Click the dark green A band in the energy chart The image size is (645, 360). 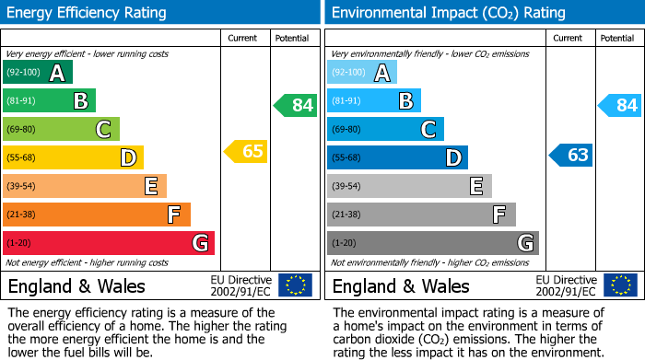pyautogui.click(x=37, y=73)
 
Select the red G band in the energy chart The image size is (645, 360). pyautogui.click(x=108, y=243)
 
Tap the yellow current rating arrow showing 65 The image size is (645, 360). pyautogui.click(x=247, y=152)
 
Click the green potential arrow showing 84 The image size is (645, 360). pyautogui.click(x=296, y=105)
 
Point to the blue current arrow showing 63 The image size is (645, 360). pyautogui.click(x=571, y=155)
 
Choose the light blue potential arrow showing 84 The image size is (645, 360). pyautogui.click(x=620, y=105)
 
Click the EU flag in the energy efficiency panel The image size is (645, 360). pyautogui.click(x=295, y=285)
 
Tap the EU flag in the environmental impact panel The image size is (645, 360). pyautogui.click(x=619, y=285)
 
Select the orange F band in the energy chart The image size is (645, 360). pyautogui.click(x=96, y=215)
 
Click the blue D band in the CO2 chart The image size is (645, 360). pyautogui.click(x=396, y=157)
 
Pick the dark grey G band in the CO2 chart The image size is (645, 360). pyautogui.click(x=432, y=243)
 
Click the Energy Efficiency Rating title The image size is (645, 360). pyautogui.click(x=88, y=13)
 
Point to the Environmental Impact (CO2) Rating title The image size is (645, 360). pyautogui.click(x=448, y=13)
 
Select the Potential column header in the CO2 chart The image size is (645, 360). pyautogui.click(x=616, y=38)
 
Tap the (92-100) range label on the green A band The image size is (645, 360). pyautogui.click(x=23, y=73)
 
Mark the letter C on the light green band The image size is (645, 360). pyautogui.click(x=103, y=130)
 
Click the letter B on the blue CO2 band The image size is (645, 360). pyautogui.click(x=405, y=101)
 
